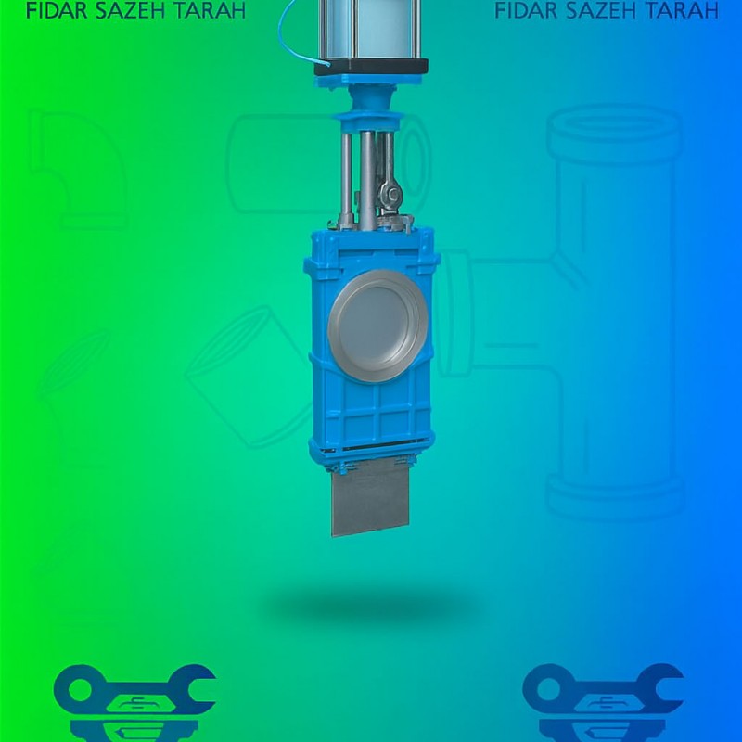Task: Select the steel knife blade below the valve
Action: coord(370,496)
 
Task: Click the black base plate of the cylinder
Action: coord(371,67)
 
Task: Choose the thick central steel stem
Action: coord(367,176)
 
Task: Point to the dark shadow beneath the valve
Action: coord(371,608)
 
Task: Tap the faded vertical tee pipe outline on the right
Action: coord(612,306)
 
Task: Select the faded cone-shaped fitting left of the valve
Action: coord(237,366)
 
